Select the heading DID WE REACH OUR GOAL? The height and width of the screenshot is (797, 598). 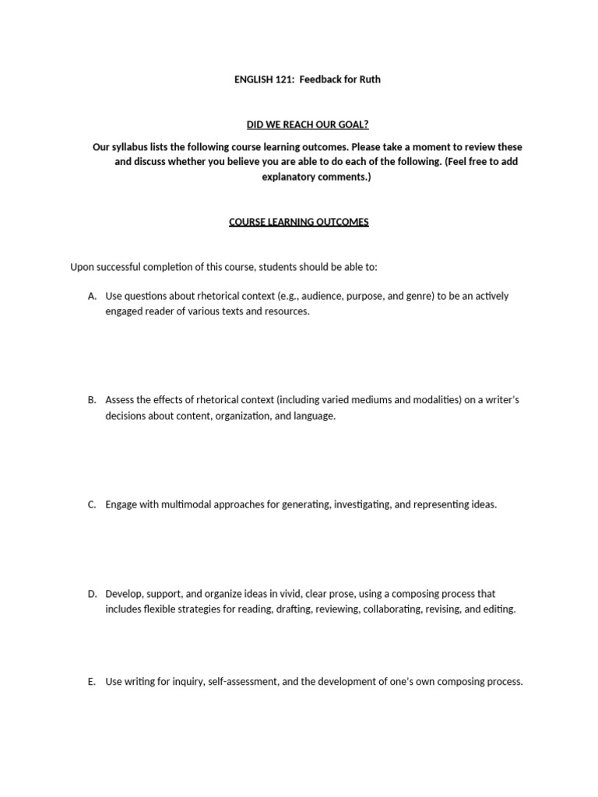click(x=298, y=124)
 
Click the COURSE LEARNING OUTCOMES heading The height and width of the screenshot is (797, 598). click(x=298, y=222)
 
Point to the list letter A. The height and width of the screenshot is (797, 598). click(x=92, y=297)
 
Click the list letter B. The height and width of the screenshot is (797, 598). click(x=92, y=400)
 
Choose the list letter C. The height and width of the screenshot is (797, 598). click(x=92, y=504)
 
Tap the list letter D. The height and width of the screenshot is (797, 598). click(x=92, y=594)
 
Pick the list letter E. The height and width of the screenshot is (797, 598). click(x=92, y=682)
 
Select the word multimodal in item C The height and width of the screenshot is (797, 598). click(x=187, y=504)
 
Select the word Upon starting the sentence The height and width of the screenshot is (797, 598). click(x=83, y=267)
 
